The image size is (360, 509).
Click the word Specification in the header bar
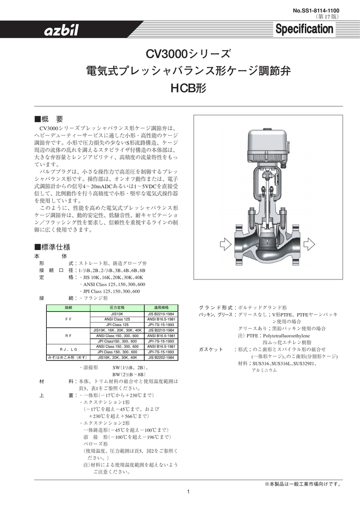coord(304,30)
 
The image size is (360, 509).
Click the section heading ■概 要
coord(48,119)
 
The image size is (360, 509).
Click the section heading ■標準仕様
coord(52,247)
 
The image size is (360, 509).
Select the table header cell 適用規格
coord(160,308)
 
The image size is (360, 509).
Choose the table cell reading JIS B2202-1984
coord(160,357)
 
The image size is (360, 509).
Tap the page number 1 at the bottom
coord(188,492)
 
